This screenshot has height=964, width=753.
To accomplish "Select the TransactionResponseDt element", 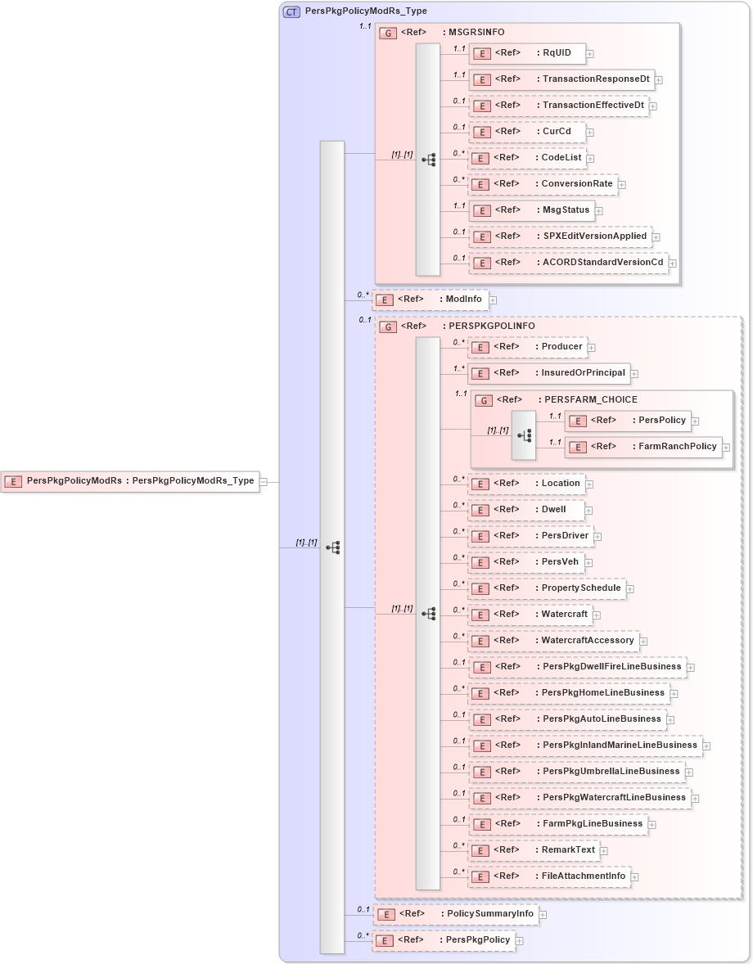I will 563,79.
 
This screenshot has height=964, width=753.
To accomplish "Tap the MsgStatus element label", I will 566,209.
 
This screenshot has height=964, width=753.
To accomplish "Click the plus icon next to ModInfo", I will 493,300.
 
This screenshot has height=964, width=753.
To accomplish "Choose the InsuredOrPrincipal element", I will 549,373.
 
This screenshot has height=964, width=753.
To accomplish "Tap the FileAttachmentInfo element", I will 549,876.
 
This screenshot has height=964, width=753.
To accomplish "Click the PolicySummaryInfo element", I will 456,914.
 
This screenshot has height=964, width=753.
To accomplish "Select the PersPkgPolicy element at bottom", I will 444,940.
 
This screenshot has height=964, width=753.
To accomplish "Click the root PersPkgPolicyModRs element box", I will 130,481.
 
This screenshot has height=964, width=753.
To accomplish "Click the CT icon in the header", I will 291,11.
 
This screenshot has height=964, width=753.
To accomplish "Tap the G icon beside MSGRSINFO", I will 389,33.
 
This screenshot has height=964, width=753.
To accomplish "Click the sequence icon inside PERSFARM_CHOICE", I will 524,435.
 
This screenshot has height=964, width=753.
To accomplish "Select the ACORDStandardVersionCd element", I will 569,263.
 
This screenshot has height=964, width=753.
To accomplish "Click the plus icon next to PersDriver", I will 597,537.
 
